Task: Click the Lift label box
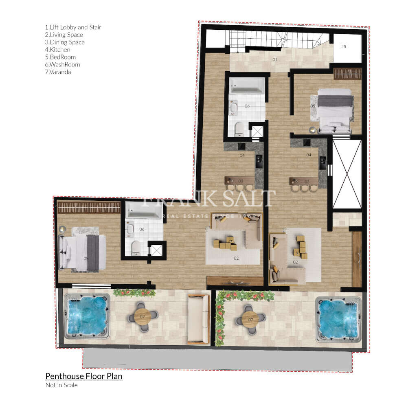tap(347, 47)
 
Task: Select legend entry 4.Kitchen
tap(57, 50)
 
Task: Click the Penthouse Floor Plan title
tap(83, 376)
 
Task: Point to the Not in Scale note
tap(61, 385)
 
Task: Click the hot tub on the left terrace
tap(88, 316)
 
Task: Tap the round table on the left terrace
tap(143, 316)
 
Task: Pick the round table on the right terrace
tap(250, 319)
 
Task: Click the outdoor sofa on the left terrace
tap(198, 318)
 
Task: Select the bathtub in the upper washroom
tap(246, 86)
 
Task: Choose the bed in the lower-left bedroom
tap(83, 253)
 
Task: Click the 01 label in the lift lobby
tap(275, 59)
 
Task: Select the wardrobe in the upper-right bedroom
tap(347, 74)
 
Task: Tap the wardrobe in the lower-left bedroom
tap(89, 207)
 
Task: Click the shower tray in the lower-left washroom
tap(157, 250)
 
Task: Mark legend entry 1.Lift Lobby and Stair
tap(73, 27)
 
